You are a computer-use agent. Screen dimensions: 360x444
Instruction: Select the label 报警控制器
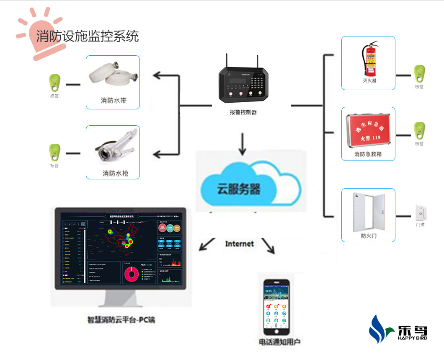tap(243, 112)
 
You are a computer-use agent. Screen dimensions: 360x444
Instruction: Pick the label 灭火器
tap(369, 80)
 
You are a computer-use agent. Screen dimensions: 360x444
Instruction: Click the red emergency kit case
tap(368, 129)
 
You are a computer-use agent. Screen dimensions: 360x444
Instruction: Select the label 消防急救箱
tap(368, 154)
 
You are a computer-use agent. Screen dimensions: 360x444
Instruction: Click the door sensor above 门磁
tap(420, 213)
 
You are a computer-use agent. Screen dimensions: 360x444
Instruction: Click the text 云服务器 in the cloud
tap(238, 188)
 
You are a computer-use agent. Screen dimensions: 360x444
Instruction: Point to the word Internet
tap(239, 243)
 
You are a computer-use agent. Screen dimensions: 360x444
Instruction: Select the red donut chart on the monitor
tap(132, 274)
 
